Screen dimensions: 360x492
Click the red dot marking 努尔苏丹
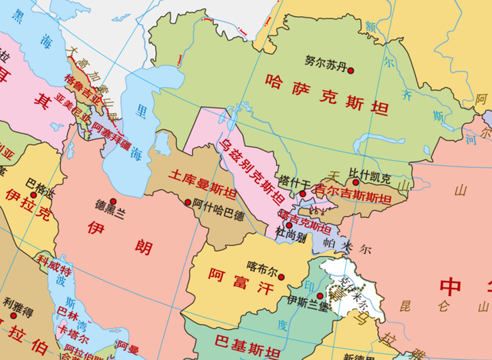350,71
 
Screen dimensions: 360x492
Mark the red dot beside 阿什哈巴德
188,202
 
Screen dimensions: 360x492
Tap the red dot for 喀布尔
284,275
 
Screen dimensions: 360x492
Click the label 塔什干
293,182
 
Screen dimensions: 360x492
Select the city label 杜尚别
291,237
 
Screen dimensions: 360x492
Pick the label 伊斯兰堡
307,301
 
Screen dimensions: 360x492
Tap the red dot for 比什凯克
355,183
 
